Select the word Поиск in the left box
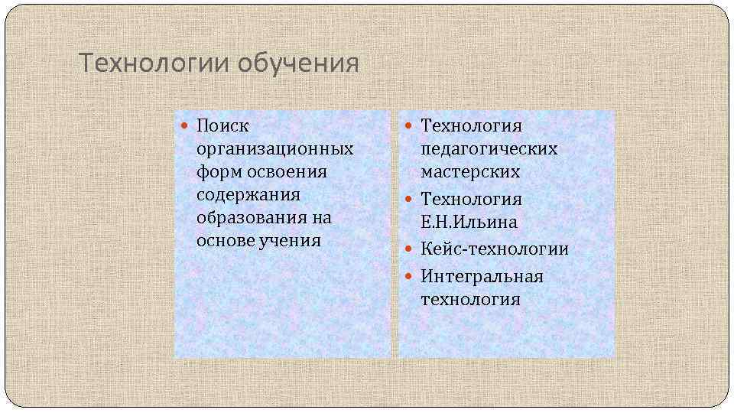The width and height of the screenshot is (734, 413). pyautogui.click(x=222, y=125)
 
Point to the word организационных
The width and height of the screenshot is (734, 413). pyautogui.click(x=274, y=148)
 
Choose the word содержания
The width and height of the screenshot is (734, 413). pyautogui.click(x=248, y=194)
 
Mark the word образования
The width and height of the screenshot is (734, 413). pyautogui.click(x=251, y=217)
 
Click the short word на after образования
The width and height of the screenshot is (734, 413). pyautogui.click(x=322, y=217)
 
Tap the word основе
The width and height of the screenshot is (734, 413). pyautogui.click(x=225, y=240)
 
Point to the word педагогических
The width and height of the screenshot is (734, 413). pyautogui.click(x=489, y=148)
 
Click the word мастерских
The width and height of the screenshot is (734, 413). pyautogui.click(x=470, y=171)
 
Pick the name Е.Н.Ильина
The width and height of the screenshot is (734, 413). pyautogui.click(x=469, y=223)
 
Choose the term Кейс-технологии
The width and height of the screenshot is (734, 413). pyautogui.click(x=495, y=249)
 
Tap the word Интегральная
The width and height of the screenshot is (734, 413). pyautogui.click(x=482, y=276)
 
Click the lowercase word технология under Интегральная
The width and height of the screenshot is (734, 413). pyautogui.click(x=470, y=299)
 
